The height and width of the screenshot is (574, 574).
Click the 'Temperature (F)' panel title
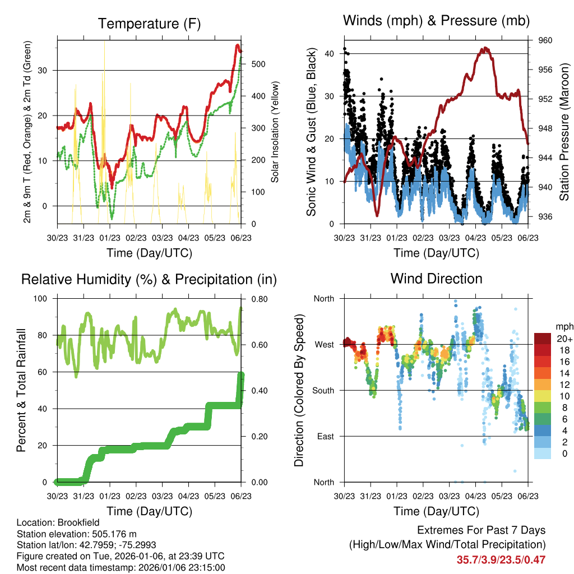(x=149, y=24)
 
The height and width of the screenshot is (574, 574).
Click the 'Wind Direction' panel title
(x=436, y=279)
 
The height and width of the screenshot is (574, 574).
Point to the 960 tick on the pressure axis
(x=545, y=40)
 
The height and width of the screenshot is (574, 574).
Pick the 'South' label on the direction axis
(x=322, y=390)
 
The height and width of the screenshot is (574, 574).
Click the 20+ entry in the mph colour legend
(x=564, y=339)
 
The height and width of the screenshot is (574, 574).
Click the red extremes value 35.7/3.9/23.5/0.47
(x=502, y=559)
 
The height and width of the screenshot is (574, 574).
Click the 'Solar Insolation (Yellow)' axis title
(x=275, y=132)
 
